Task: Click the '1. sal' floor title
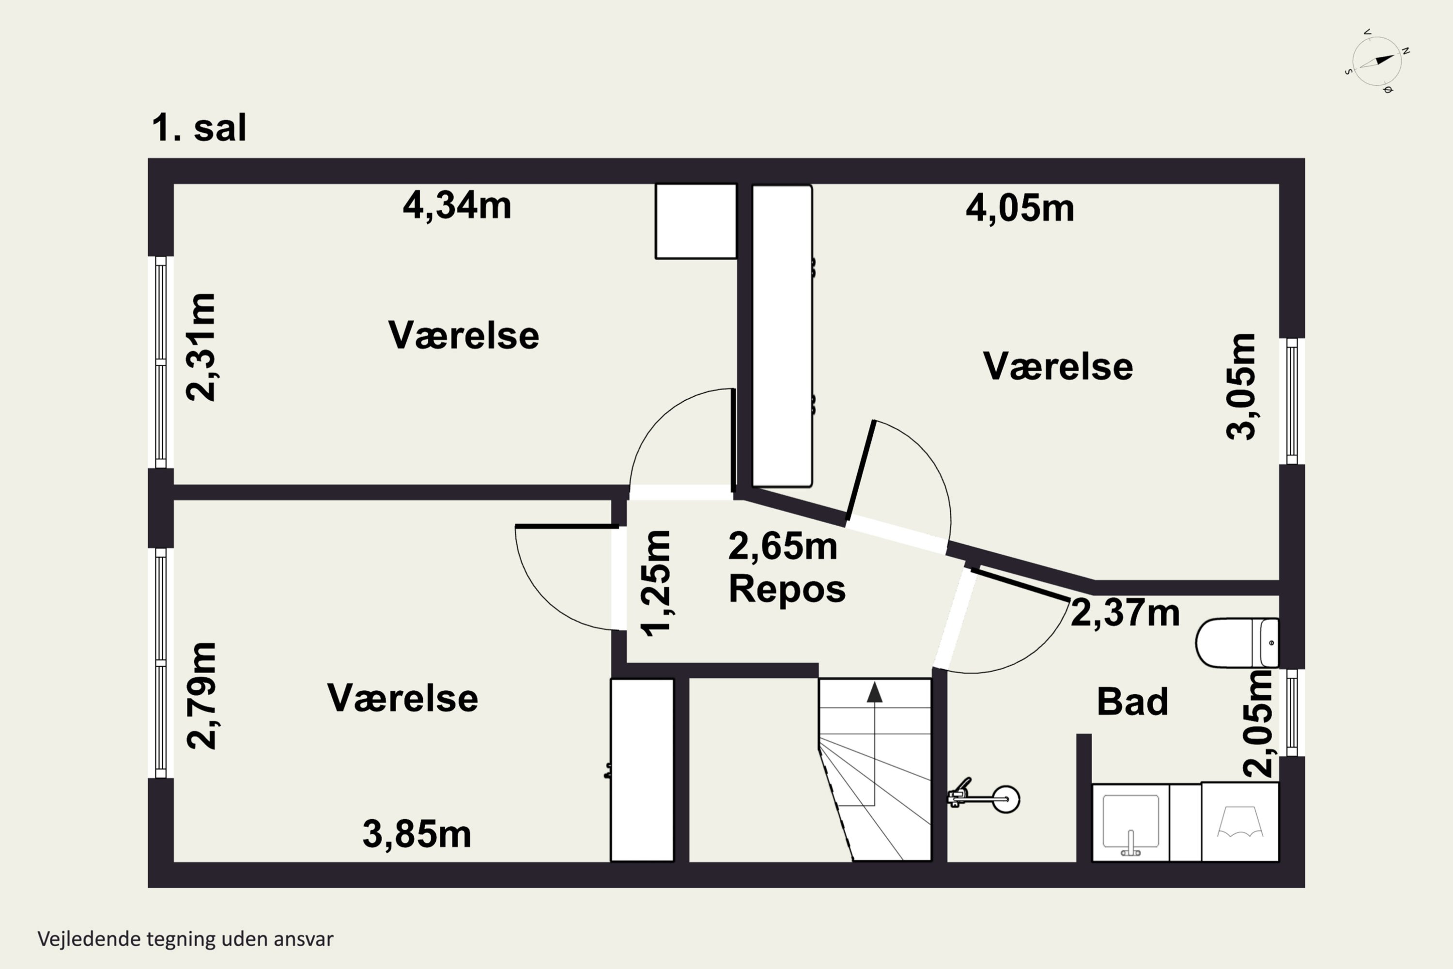[x=199, y=128]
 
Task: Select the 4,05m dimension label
[x=1020, y=208]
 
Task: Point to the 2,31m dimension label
[x=201, y=347]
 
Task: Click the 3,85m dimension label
[x=417, y=834]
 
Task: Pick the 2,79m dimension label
[x=201, y=696]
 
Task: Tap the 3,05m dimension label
[x=1240, y=387]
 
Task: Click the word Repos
[x=787, y=589]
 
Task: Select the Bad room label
[x=1132, y=702]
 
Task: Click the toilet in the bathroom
[x=1237, y=643]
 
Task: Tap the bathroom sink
[x=1130, y=823]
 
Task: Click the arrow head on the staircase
[x=874, y=693]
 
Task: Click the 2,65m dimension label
[x=783, y=547]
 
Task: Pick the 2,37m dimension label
[x=1125, y=613]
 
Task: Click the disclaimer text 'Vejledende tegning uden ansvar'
[x=185, y=939]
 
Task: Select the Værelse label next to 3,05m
[x=1058, y=366]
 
